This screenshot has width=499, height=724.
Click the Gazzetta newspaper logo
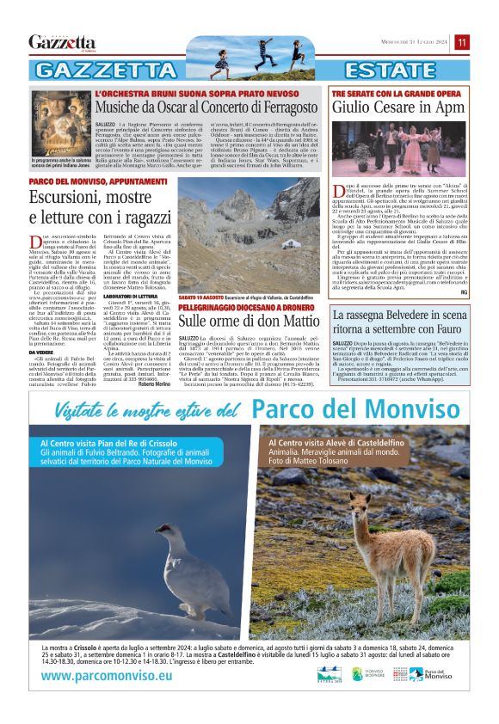[62, 42]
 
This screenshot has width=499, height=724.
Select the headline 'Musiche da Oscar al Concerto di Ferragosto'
[210, 107]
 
